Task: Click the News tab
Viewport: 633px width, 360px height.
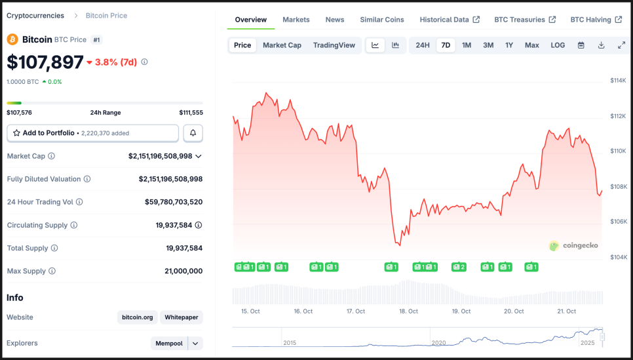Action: [335, 20]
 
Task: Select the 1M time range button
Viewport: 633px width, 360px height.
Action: [467, 45]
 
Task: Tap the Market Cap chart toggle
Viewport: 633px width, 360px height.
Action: [282, 45]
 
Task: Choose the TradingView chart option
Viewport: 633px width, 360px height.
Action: [334, 45]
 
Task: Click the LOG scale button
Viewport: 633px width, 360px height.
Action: [558, 45]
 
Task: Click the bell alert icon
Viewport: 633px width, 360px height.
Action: [193, 133]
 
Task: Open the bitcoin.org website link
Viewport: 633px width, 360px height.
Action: [138, 317]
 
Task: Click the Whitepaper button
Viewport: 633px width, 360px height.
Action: [182, 317]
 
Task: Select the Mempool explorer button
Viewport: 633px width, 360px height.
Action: [168, 344]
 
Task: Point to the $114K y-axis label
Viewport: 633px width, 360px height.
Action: [618, 80]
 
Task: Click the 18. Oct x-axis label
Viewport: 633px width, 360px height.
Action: [409, 311]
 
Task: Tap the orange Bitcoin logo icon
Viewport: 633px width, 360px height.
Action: [12, 39]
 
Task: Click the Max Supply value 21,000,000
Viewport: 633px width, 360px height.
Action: [183, 271]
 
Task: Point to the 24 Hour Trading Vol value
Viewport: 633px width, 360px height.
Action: [174, 202]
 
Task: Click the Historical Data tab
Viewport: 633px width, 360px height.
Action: [449, 20]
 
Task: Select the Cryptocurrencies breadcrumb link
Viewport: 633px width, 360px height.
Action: [35, 16]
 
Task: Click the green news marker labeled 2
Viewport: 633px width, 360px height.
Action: [459, 267]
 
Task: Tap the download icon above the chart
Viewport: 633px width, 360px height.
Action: [601, 45]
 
